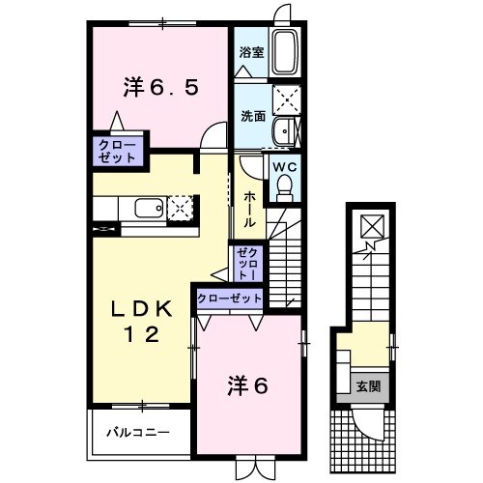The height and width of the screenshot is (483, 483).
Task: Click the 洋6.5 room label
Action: (160, 87)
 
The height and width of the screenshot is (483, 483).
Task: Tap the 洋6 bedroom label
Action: (247, 384)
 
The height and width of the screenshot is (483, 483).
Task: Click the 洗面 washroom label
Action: (251, 115)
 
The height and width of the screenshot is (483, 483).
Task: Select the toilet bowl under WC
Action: (284, 190)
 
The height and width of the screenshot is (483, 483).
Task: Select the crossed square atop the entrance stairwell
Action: (370, 226)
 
